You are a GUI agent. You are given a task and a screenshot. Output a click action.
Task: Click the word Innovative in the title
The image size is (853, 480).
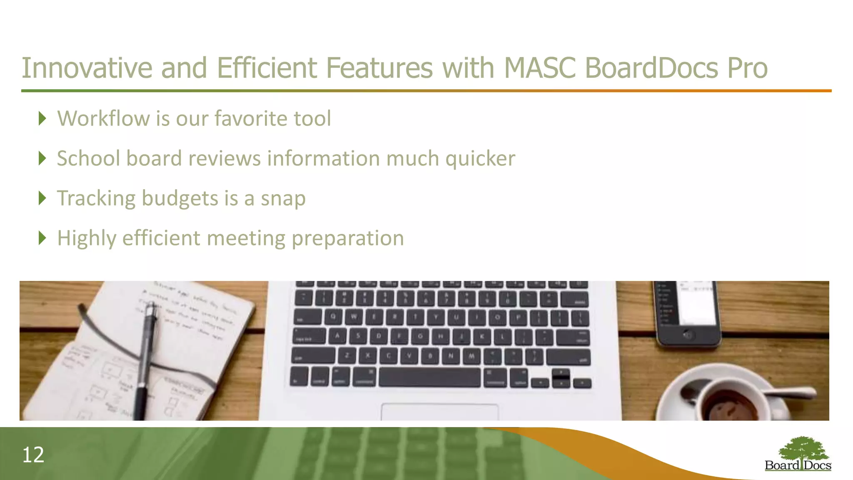point(87,68)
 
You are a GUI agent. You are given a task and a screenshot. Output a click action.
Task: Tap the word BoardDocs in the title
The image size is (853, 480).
point(651,68)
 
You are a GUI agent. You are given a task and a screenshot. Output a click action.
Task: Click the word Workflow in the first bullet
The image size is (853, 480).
point(103,118)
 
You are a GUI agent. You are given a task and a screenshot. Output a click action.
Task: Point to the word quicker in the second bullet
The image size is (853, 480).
point(480,159)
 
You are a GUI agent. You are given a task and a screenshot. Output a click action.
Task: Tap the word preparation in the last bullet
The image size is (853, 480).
point(347,239)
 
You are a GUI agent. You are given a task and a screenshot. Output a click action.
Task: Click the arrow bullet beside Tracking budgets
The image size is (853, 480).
point(42,198)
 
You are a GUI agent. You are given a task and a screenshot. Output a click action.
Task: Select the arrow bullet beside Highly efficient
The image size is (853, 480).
point(42,238)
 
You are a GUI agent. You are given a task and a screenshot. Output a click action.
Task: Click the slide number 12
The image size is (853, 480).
point(33,455)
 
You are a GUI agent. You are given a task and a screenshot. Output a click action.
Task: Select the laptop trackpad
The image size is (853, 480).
point(439,412)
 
